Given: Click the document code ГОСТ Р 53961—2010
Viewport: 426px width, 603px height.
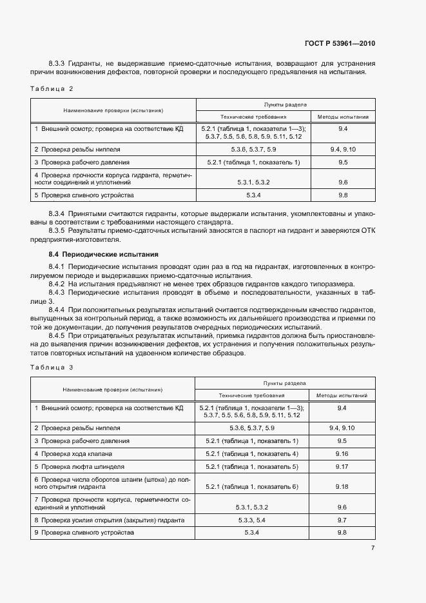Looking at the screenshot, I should point(339,44).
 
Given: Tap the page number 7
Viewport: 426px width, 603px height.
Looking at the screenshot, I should point(373,548).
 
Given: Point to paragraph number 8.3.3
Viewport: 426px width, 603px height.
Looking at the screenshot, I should point(59,63).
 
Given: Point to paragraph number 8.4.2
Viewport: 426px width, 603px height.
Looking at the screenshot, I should point(59,284).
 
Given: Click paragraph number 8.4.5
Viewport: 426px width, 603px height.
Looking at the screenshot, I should point(59,336).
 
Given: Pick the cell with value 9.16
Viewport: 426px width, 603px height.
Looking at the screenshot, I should point(342,453).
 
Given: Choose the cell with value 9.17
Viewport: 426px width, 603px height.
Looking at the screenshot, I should point(342,466).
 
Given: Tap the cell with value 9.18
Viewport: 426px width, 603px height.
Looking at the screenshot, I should point(342,486).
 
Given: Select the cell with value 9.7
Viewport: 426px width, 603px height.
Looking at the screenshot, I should point(342,520).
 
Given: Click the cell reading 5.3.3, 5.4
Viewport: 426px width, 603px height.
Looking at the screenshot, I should point(252,520).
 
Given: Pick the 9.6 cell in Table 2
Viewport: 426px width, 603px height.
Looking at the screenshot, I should point(343,183).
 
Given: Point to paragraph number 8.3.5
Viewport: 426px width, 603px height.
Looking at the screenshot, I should point(59,230).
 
